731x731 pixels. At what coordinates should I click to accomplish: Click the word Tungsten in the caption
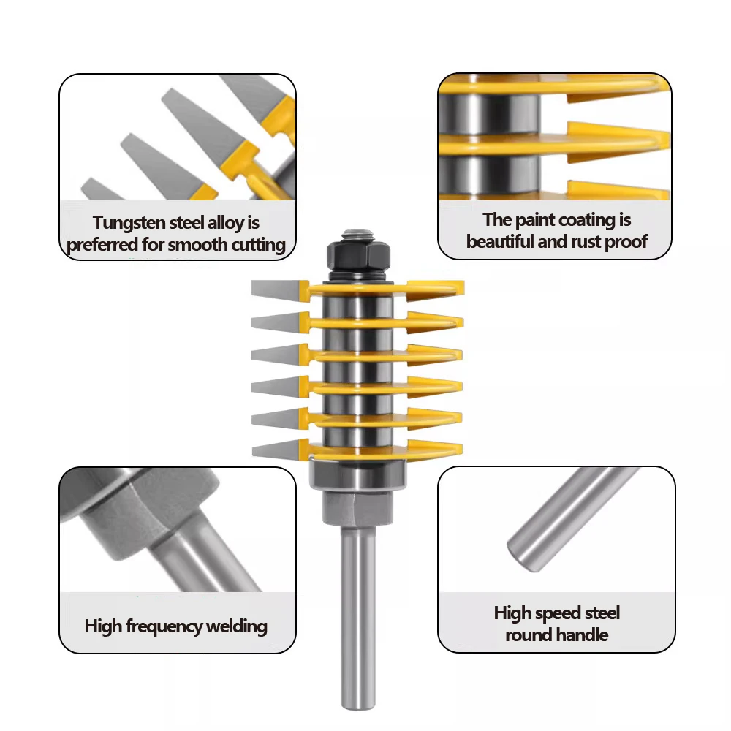pos(129,223)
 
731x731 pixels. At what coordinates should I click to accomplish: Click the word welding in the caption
pos(236,626)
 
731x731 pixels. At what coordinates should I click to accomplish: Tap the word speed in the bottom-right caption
pos(558,613)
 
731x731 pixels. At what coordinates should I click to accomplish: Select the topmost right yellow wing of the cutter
pos(436,288)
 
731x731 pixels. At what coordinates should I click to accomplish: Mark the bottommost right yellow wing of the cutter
pos(435,449)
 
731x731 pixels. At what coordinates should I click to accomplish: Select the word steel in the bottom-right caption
pos(602,613)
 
